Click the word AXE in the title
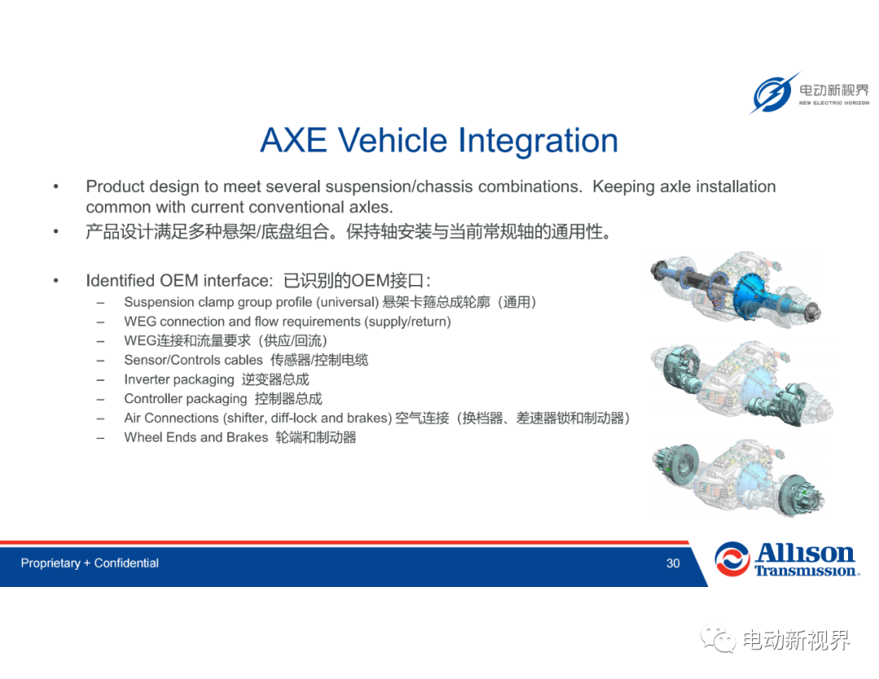293,140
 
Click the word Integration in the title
538,142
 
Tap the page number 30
673,563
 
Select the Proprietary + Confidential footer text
90,563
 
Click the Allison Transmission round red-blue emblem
732,559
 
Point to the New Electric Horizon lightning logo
773,93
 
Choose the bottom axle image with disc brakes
737,477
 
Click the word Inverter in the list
146,379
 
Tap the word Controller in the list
152,399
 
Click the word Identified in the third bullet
120,280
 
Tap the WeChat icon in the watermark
718,639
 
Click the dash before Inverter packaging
100,380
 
